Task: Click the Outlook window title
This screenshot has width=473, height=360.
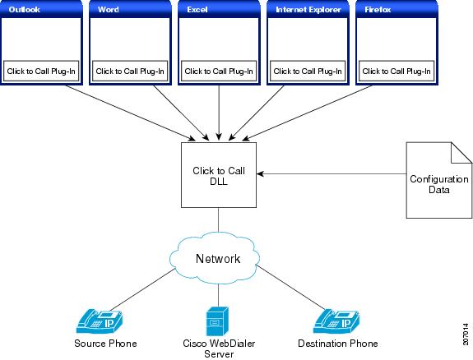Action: coord(24,10)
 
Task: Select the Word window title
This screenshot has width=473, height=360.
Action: coord(109,10)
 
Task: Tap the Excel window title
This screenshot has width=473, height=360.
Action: coord(197,10)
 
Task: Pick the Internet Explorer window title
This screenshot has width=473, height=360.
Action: coord(308,10)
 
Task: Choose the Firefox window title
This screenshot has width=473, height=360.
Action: coord(378,10)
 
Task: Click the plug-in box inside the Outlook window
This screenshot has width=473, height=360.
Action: coord(41,72)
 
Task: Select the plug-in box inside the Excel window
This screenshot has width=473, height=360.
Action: coord(219,72)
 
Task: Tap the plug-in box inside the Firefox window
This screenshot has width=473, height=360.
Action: coord(396,72)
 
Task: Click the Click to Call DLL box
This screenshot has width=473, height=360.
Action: coord(219,175)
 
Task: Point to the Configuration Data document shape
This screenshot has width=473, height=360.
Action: coord(439,180)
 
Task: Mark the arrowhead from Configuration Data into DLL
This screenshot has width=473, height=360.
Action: coord(260,173)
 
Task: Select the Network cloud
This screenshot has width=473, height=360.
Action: coord(215,258)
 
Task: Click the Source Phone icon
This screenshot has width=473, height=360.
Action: coord(100,321)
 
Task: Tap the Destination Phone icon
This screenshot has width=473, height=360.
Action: coord(336,321)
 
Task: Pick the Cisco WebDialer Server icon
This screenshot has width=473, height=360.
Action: coord(217,321)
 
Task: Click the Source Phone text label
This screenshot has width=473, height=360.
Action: coord(105,344)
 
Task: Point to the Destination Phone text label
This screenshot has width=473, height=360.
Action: coord(338,344)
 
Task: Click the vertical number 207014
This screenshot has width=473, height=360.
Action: coord(466,335)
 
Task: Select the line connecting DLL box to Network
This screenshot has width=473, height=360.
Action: coord(218,219)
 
